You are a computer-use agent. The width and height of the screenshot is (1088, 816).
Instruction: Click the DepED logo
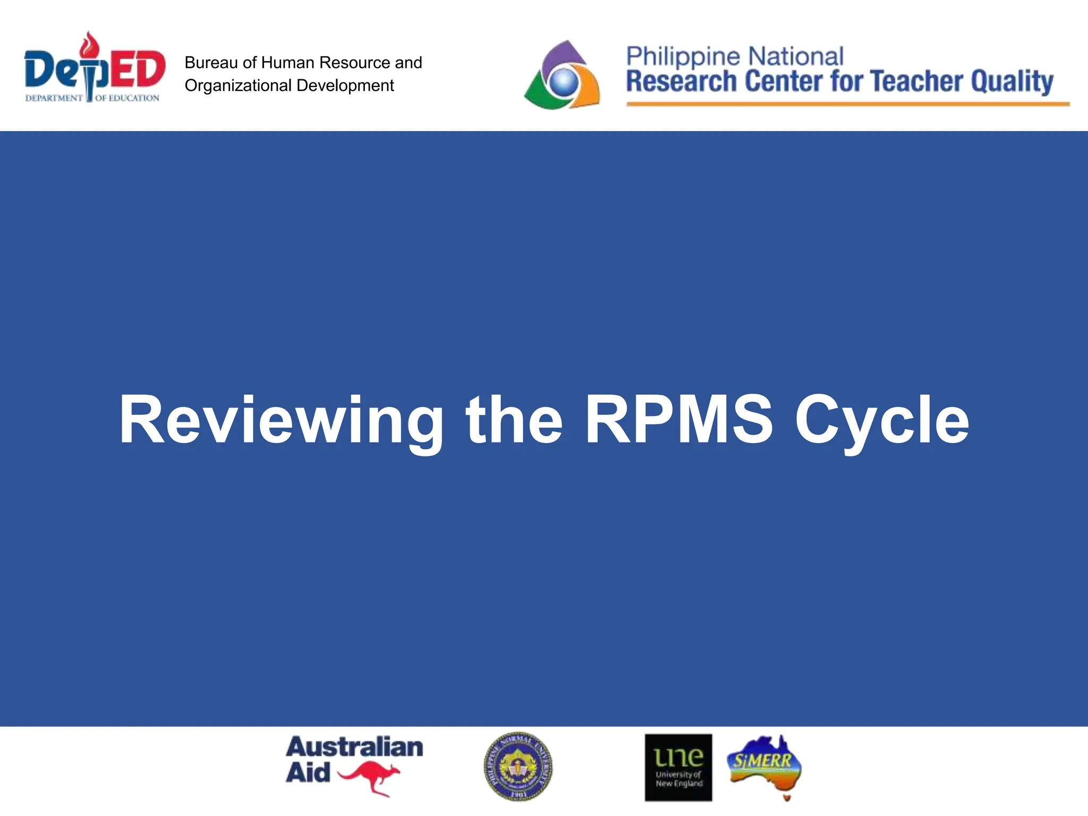coord(94,69)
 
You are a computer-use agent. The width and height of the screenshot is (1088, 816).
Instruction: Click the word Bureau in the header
coord(211,63)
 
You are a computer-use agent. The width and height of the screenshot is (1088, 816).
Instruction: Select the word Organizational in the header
coord(238,86)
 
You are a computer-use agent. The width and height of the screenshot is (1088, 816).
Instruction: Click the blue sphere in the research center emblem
coord(563,81)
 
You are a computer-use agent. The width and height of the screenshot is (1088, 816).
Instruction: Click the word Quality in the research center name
coord(1012,81)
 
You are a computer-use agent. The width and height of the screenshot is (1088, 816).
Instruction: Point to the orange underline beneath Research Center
coord(847,104)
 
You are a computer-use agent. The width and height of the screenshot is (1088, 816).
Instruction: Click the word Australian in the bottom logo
coord(354,747)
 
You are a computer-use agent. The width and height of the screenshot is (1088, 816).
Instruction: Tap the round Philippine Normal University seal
coord(518,767)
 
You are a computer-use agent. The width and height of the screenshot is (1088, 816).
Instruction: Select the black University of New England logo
coord(678,768)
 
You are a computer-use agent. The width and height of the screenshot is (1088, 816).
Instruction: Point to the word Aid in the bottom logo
coord(308,772)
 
